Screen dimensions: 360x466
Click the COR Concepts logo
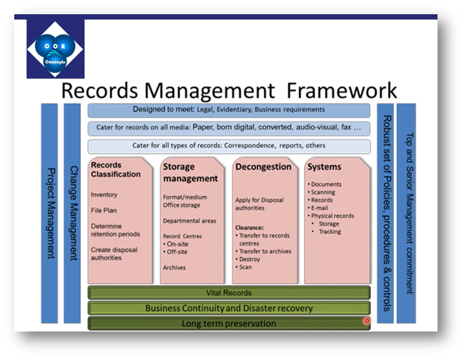pyautogui.click(x=56, y=49)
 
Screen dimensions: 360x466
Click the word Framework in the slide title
pyautogui.click(x=342, y=90)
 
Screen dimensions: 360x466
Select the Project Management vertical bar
pyautogui.click(x=50, y=213)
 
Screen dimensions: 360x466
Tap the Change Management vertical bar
pyautogui.click(x=74, y=213)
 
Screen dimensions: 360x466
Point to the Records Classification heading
pyautogui.click(x=116, y=169)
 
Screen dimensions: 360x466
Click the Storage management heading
pyautogui.click(x=191, y=173)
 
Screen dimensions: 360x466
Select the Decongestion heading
pyautogui.click(x=263, y=167)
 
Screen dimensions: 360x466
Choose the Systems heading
pyautogui.click(x=324, y=167)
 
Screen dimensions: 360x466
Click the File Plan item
pyautogui.click(x=104, y=210)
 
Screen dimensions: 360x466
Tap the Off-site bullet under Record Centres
pyautogui.click(x=178, y=252)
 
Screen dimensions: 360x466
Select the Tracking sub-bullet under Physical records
pyautogui.click(x=330, y=232)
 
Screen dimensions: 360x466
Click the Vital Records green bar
pyautogui.click(x=229, y=293)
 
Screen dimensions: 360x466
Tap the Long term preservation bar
pyautogui.click(x=229, y=323)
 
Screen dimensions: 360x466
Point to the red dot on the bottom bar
pyautogui.click(x=367, y=321)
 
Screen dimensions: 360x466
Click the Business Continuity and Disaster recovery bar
pyautogui.click(x=229, y=308)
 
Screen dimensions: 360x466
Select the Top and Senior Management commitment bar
pyautogui.click(x=406, y=213)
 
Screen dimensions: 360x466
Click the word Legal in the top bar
pyautogui.click(x=216, y=109)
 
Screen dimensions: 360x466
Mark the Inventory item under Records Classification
pyautogui.click(x=104, y=195)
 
